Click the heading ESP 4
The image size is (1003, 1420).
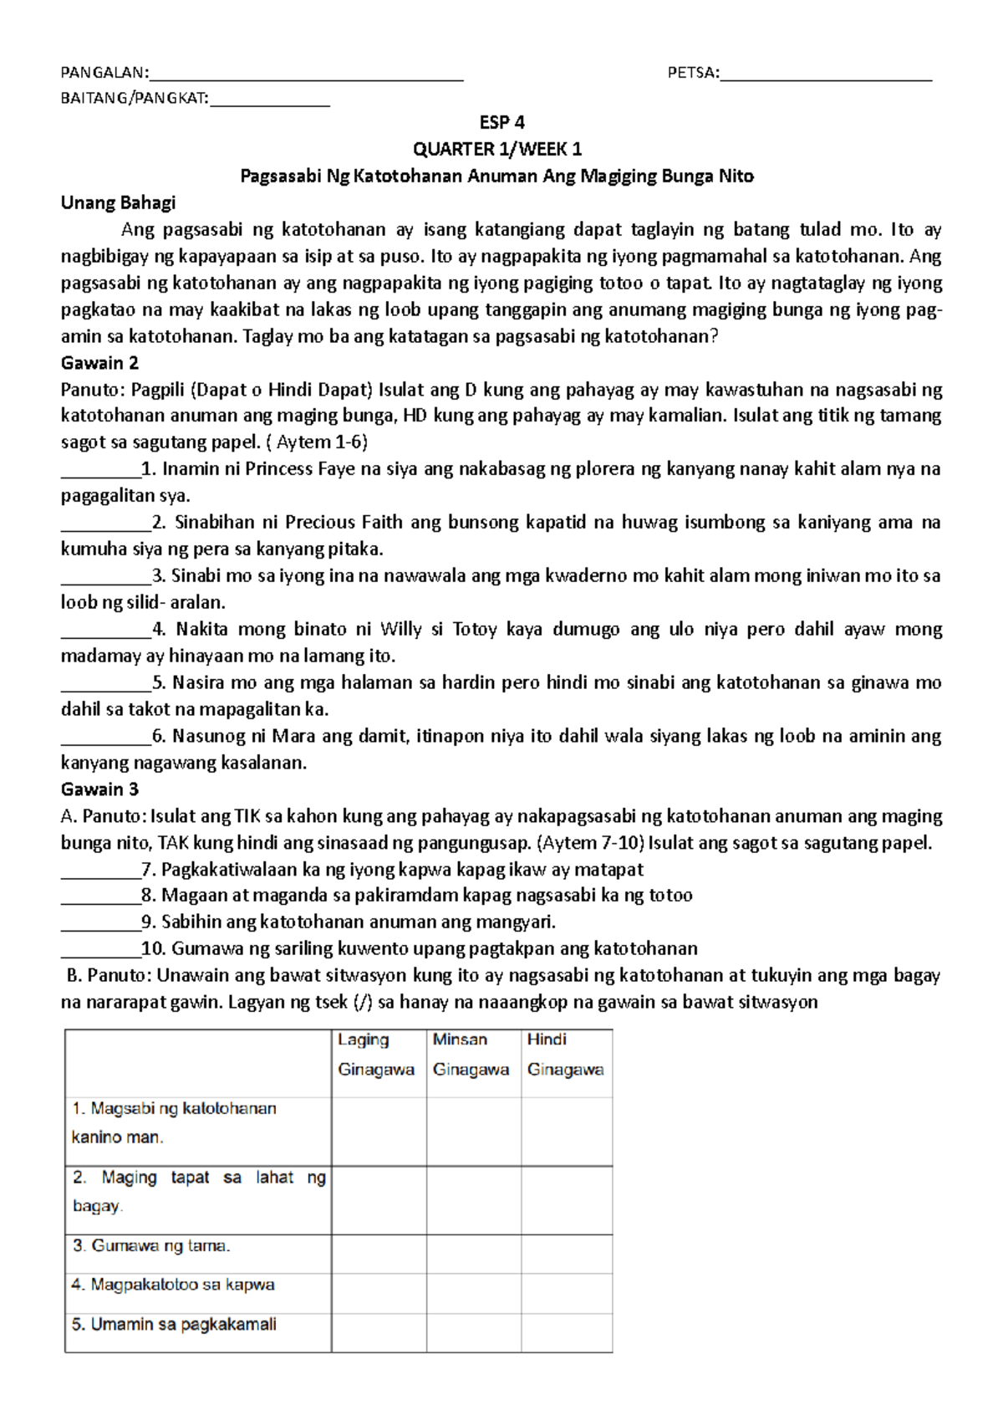501,123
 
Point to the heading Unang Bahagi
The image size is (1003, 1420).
118,203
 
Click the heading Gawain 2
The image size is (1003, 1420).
99,363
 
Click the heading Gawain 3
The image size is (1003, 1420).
99,789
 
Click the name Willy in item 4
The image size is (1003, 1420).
400,630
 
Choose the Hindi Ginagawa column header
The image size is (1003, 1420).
566,1055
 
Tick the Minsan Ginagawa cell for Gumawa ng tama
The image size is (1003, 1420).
473,1254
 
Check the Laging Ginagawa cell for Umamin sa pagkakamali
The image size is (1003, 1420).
378,1332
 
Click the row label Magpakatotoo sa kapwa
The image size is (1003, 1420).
173,1285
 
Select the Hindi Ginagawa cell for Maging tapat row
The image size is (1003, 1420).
566,1200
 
